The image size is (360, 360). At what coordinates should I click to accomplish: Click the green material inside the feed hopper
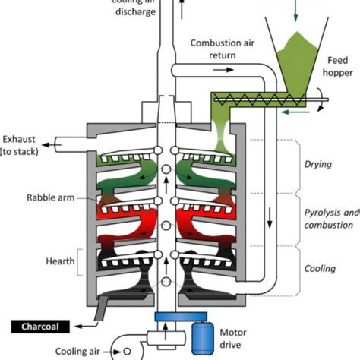298,62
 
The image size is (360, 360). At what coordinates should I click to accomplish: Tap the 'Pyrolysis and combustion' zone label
328,218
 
